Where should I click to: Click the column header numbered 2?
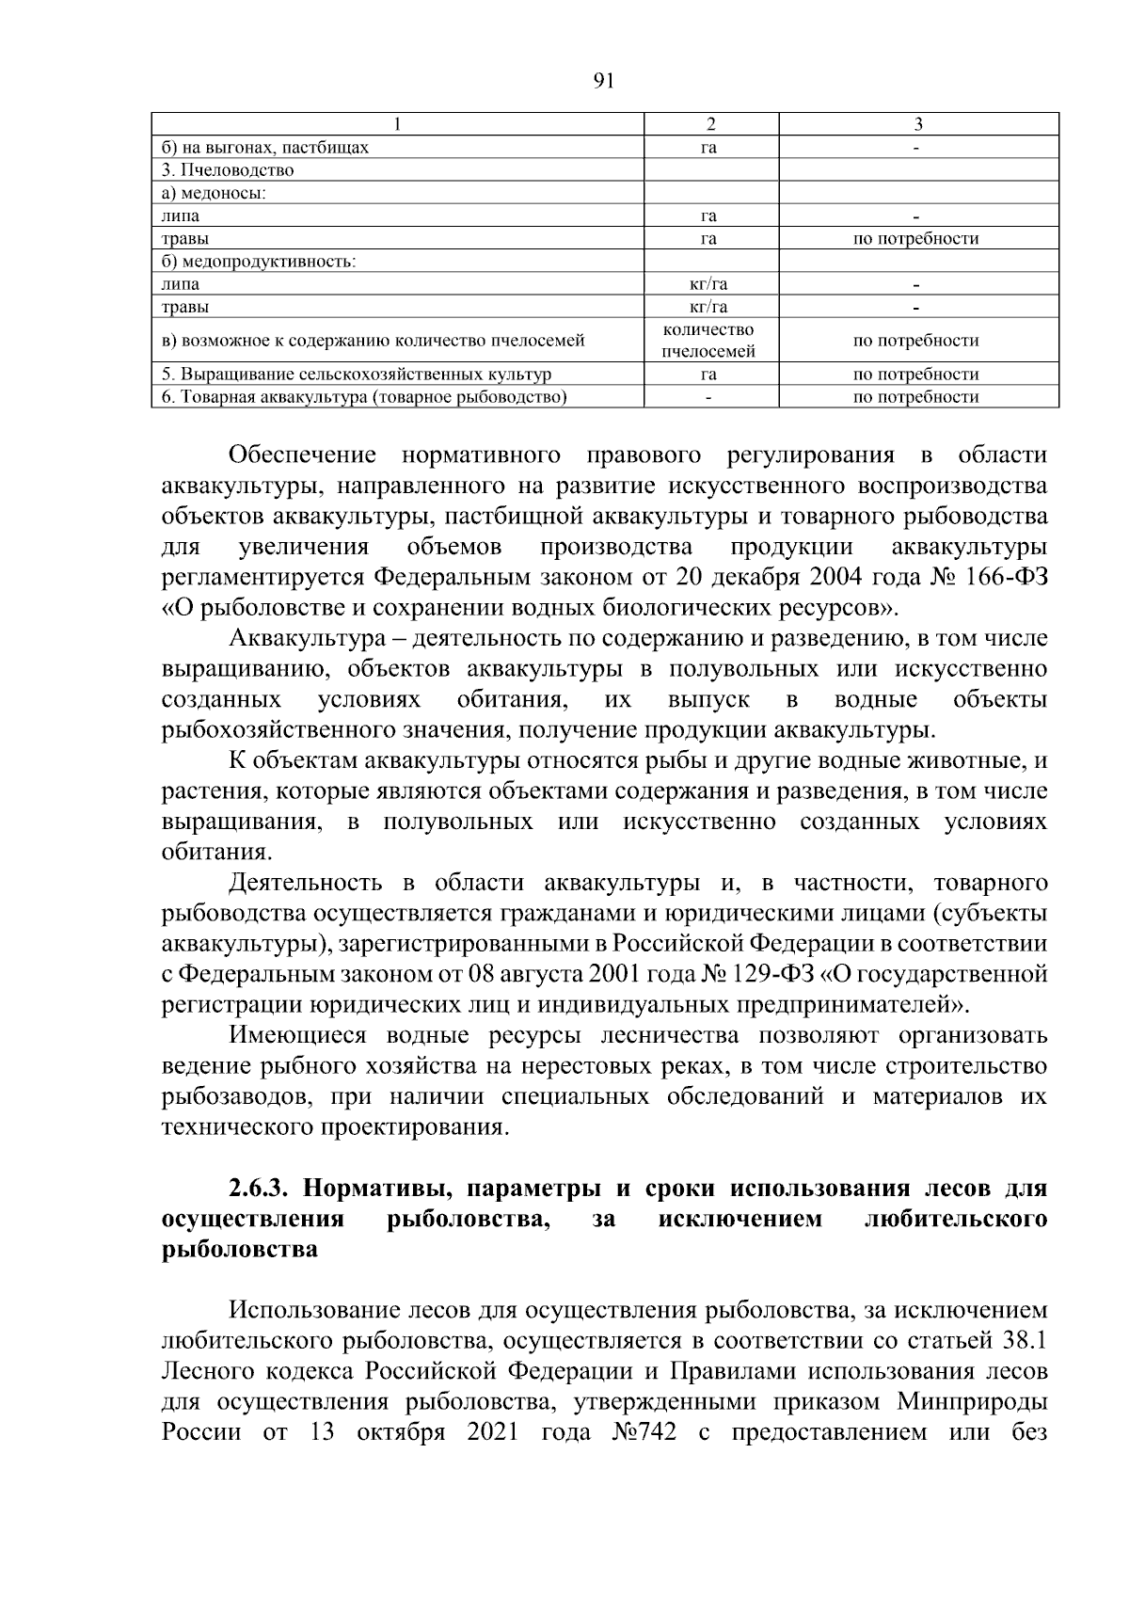tap(710, 124)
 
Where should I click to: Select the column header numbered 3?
tap(918, 124)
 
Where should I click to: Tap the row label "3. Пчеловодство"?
tap(228, 170)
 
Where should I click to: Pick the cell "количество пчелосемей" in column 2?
tap(709, 341)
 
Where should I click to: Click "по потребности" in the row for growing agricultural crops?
tap(915, 375)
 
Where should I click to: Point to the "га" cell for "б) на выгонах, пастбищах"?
tap(709, 148)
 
